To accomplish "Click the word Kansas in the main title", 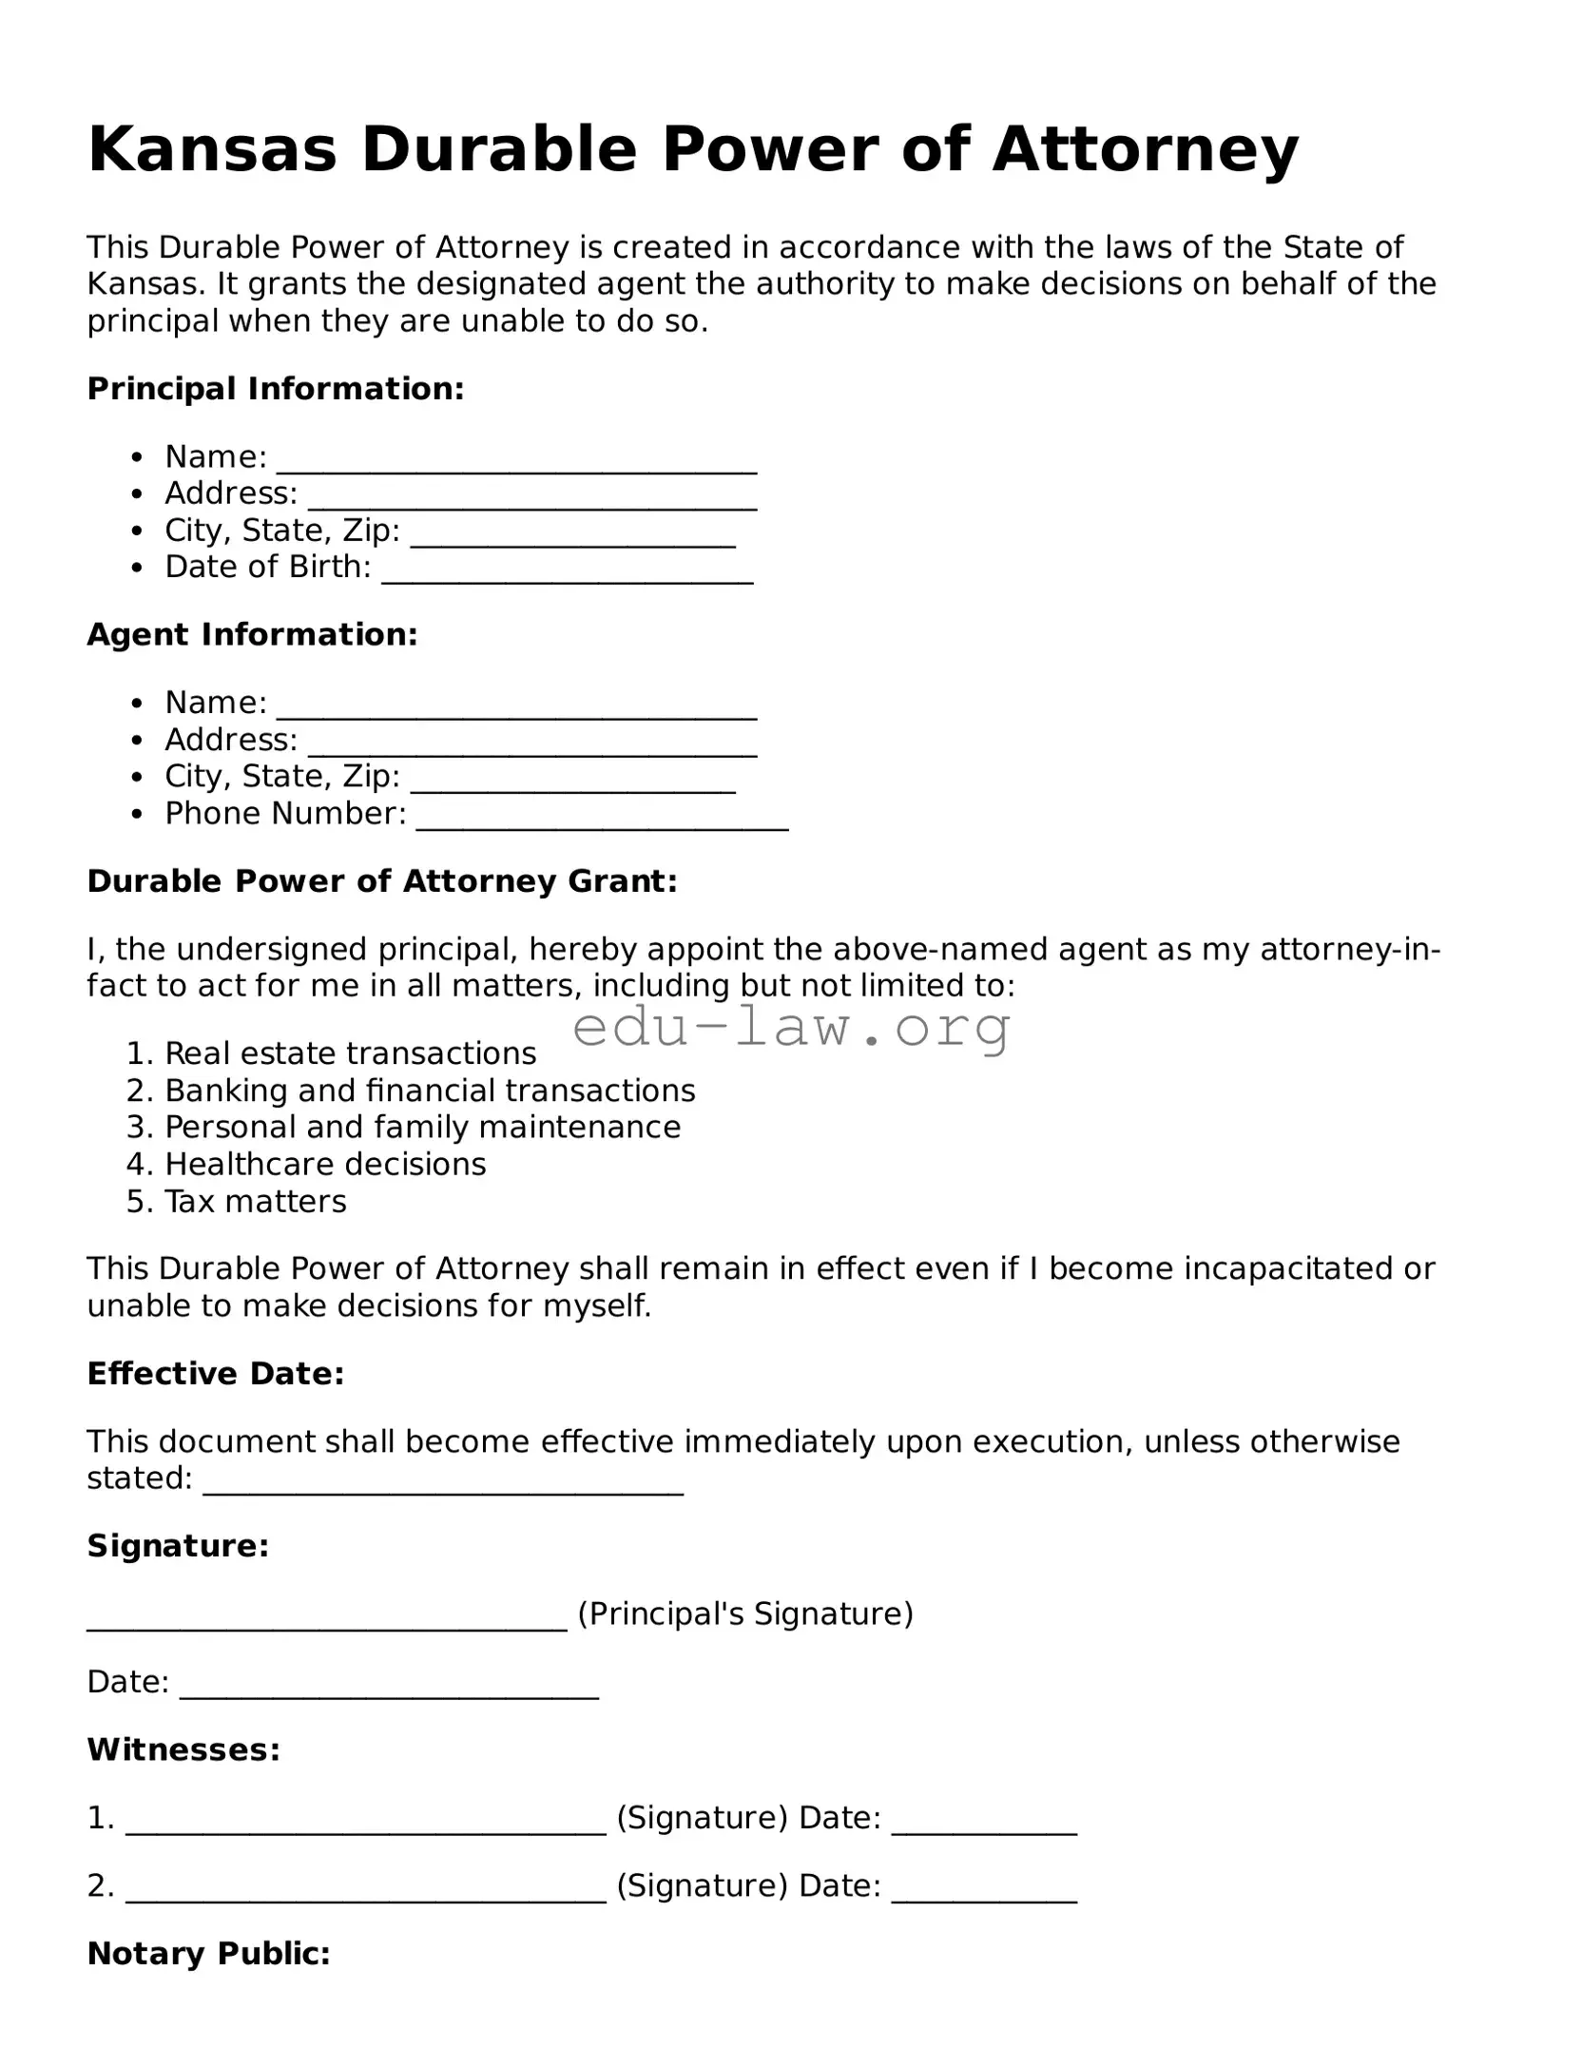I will pyautogui.click(x=212, y=150).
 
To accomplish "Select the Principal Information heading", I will pyautogui.click(x=276, y=389).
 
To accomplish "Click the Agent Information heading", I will pyautogui.click(x=252, y=635).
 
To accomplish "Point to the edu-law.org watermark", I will pyautogui.click(x=792, y=1028).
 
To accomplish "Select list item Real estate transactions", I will pyautogui.click(x=350, y=1053).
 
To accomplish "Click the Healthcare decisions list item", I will pyautogui.click(x=325, y=1165).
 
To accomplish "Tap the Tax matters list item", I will pyautogui.click(x=255, y=1202).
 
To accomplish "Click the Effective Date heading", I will pyautogui.click(x=215, y=1374).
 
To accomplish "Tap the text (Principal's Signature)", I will pyautogui.click(x=745, y=1613).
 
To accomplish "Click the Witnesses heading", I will pyautogui.click(x=183, y=1749).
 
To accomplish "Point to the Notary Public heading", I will pyautogui.click(x=208, y=1954).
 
